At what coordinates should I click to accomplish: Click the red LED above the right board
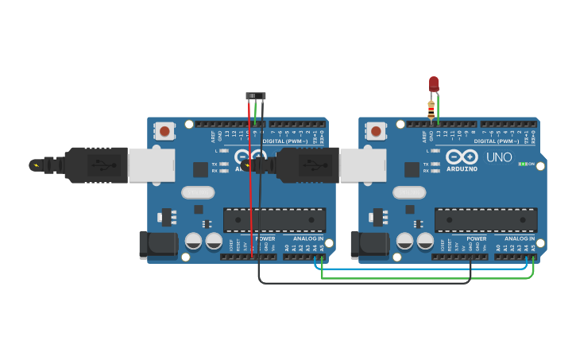[x=434, y=83]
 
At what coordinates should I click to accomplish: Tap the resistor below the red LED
[x=431, y=110]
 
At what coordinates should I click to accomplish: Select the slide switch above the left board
[x=256, y=96]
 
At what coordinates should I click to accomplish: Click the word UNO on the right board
[x=499, y=157]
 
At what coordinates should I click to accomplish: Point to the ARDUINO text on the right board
[x=462, y=168]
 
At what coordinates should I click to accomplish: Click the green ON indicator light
[x=522, y=164]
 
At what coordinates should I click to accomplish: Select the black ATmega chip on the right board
[x=485, y=220]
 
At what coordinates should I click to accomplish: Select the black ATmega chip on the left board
[x=274, y=220]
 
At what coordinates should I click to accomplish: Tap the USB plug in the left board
[x=119, y=165]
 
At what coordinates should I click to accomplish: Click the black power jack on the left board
[x=157, y=245]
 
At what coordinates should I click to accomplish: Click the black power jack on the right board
[x=369, y=245]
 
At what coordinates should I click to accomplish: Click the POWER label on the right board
[x=477, y=238]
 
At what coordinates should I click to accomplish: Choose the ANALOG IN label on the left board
[x=308, y=238]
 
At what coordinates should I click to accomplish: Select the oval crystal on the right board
[x=409, y=192]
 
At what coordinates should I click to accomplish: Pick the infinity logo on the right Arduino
[x=462, y=156]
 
